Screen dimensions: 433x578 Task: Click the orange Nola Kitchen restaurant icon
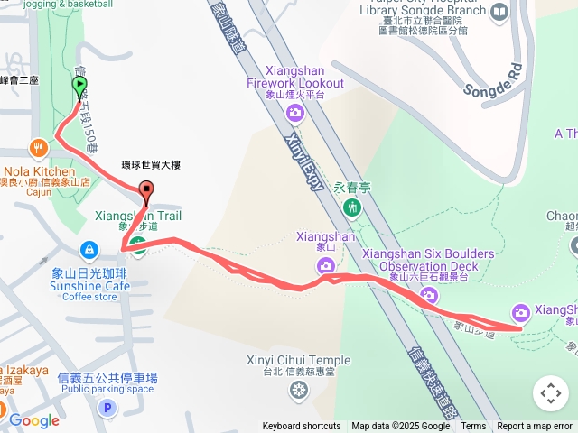(x=37, y=147)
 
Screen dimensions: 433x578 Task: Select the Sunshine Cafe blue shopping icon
(x=89, y=249)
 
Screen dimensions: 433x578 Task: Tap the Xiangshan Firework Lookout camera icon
(x=294, y=113)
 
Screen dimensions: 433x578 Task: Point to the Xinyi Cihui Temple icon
(x=299, y=391)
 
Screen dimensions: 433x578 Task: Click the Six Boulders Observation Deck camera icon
(x=429, y=295)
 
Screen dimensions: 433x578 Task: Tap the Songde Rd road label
(x=493, y=80)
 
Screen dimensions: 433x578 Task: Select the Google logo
(x=34, y=420)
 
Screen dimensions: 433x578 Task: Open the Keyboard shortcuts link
(x=302, y=427)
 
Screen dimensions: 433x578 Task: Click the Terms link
(x=473, y=427)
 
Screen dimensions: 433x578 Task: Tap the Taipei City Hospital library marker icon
(x=499, y=12)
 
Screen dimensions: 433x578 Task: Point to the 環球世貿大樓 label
(x=151, y=166)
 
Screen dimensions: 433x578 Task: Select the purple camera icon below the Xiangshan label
(x=325, y=265)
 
